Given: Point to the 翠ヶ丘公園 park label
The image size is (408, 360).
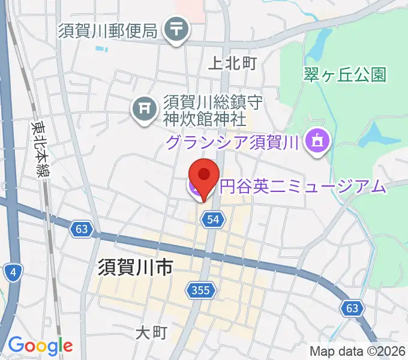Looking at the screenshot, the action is click(344, 74).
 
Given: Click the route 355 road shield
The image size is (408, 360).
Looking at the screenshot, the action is click(201, 290).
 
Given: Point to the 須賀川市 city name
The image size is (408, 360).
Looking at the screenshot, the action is click(134, 267).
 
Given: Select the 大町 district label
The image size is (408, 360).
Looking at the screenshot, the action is click(151, 332).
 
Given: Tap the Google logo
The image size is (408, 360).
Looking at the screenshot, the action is click(40, 346).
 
